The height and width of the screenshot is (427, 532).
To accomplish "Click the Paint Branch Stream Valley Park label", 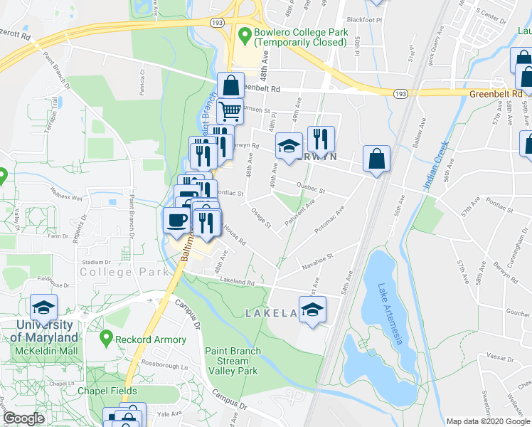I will click(x=233, y=361).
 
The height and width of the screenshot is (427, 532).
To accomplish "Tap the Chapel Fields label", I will click(x=108, y=391).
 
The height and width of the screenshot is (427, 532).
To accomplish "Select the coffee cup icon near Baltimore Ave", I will click(x=177, y=220).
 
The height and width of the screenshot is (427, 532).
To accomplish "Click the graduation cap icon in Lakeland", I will click(x=312, y=309).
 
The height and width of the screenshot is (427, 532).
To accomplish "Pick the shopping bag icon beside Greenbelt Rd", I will click(x=231, y=85).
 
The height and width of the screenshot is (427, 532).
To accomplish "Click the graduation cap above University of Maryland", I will click(x=44, y=307).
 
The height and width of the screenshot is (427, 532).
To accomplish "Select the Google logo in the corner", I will click(x=23, y=418).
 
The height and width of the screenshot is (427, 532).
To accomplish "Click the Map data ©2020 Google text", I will click(x=487, y=421).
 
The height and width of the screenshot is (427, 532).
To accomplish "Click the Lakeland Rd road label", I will click(x=238, y=281).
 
